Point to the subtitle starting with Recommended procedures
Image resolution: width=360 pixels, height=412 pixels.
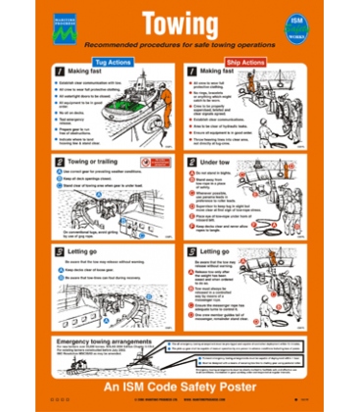pyautogui.click(x=180, y=45)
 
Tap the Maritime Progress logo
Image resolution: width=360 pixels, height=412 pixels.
pyautogui.click(x=65, y=28)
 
